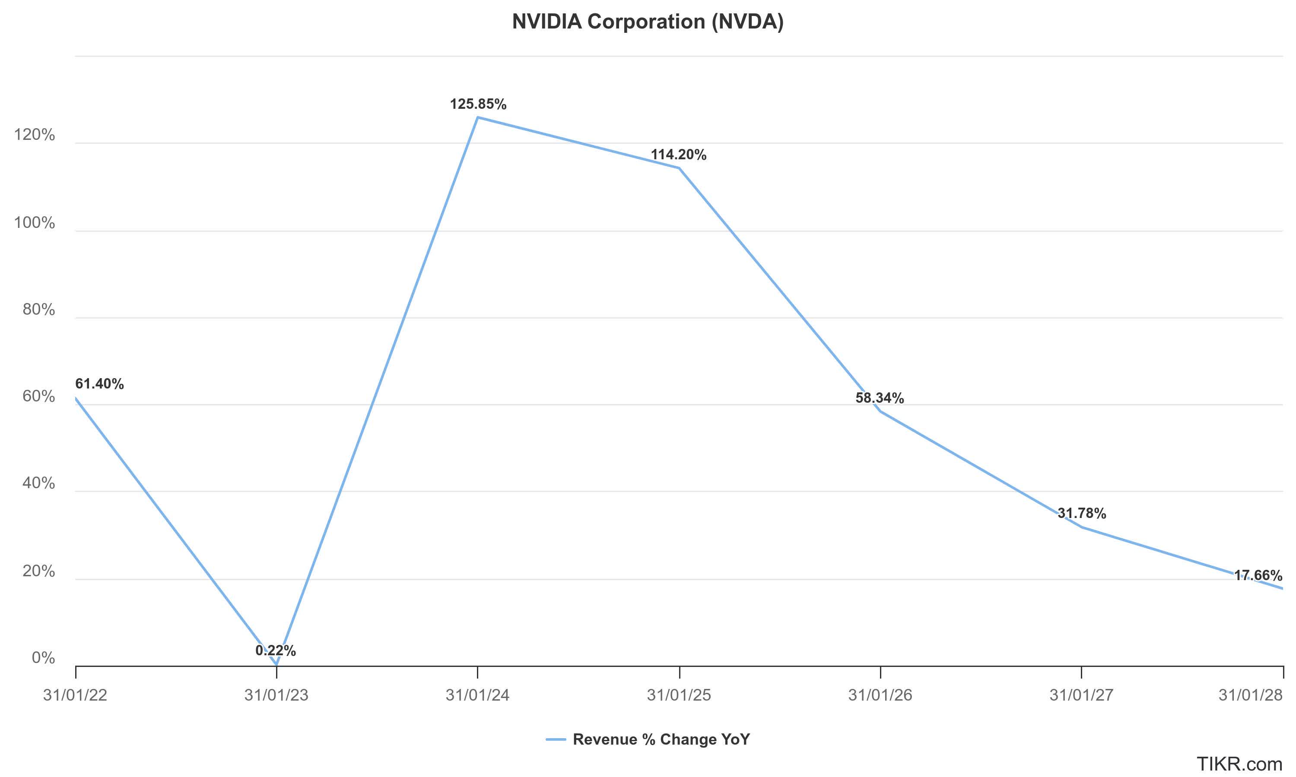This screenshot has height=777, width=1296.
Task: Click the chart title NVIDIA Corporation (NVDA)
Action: [648, 22]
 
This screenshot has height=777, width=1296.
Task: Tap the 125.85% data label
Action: [478, 104]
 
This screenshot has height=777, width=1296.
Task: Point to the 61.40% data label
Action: [99, 384]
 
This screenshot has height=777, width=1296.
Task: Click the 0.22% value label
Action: [276, 651]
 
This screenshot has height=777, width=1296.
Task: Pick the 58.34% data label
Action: [880, 398]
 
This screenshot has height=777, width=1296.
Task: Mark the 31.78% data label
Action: [1081, 514]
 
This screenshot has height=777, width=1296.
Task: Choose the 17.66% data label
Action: [1258, 576]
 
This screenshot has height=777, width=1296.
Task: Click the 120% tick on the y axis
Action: [35, 135]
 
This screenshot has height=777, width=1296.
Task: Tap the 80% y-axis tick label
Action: [39, 310]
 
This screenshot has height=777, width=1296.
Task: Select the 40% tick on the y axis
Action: [39, 483]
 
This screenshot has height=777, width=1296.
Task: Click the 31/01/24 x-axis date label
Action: [478, 695]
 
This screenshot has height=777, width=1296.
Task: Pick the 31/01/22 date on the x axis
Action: [76, 695]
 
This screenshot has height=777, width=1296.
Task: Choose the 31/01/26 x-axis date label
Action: [880, 695]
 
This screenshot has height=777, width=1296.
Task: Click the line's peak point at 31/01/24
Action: [478, 117]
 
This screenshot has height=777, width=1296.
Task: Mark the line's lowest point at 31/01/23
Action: [276, 665]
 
